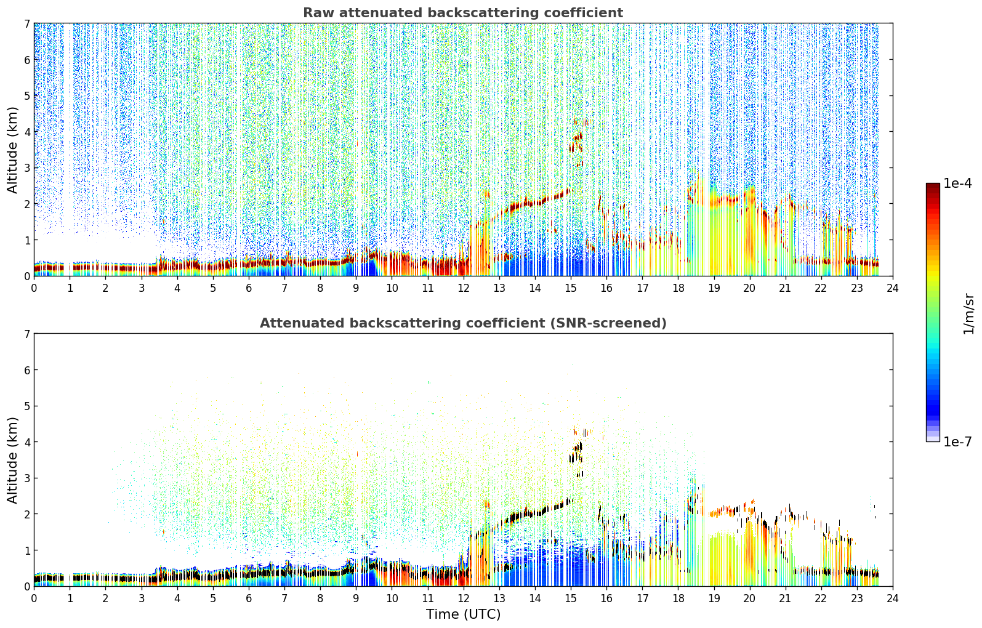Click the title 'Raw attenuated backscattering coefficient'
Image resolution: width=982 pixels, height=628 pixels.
tap(463, 13)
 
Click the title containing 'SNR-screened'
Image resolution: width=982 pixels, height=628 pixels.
tap(463, 323)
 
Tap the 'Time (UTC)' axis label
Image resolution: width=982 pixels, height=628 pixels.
tap(463, 614)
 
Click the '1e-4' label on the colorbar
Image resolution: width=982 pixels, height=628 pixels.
tap(958, 183)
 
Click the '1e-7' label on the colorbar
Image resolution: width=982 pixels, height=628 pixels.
tap(958, 441)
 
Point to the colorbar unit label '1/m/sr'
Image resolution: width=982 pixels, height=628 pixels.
tap(969, 314)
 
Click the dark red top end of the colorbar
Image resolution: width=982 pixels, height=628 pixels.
tap(933, 185)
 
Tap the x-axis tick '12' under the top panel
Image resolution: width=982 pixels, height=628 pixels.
tap(463, 288)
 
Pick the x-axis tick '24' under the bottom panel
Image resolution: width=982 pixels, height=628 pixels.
tap(893, 598)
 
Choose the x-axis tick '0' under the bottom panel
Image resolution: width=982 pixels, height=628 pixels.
tap(34, 598)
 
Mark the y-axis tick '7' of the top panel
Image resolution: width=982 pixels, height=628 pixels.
tap(26, 23)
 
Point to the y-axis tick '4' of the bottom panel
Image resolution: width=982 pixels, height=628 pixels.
tap(26, 442)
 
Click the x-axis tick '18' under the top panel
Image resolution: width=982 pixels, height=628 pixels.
tap(678, 288)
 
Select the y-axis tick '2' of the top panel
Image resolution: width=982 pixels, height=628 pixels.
tap(26, 204)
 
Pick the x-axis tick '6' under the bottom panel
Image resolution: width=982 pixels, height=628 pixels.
tap(249, 598)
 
